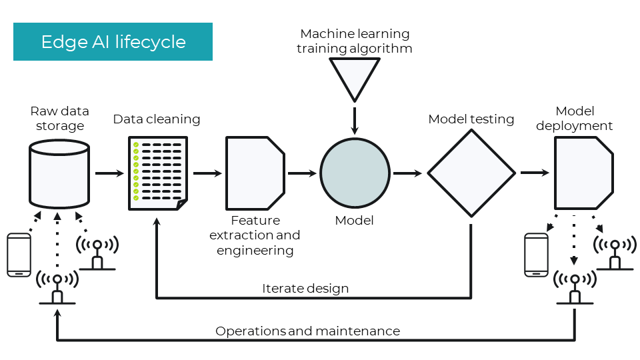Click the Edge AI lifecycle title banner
[x=113, y=42]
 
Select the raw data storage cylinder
[x=59, y=173]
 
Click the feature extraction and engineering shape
[x=255, y=173]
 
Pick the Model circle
[x=355, y=173]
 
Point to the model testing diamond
[x=471, y=173]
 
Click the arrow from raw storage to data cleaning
[x=109, y=173]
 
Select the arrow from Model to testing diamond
[x=407, y=173]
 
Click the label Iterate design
[x=305, y=289]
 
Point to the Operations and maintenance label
[x=307, y=331]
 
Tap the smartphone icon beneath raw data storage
[x=18, y=255]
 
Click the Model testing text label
[x=471, y=119]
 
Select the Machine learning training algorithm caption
[x=355, y=41]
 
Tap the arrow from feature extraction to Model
[x=302, y=173]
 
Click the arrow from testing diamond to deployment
[x=535, y=173]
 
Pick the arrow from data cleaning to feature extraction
[x=207, y=173]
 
